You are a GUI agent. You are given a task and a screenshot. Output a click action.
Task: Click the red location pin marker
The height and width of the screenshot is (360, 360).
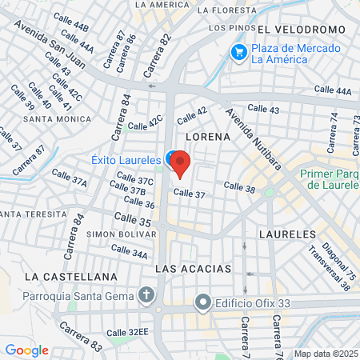click(181, 163)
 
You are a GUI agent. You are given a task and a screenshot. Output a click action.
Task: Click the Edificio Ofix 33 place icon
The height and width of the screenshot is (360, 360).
click(203, 304)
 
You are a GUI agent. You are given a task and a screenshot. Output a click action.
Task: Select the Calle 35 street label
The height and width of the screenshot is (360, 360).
click(132, 218)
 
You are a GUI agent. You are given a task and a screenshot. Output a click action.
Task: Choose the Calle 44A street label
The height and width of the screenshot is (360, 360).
click(332, 91)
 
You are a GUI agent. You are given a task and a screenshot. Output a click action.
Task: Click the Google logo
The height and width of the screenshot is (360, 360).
click(26, 350)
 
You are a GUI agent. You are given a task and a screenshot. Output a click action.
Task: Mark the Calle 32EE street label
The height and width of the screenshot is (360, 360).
click(128, 332)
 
